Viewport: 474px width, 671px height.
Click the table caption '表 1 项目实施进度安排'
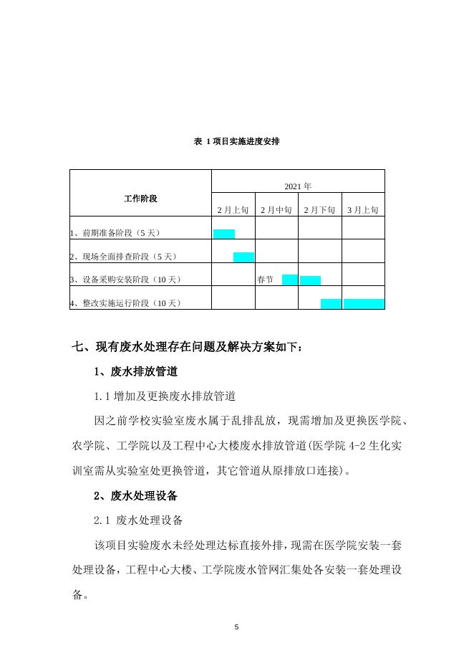pyautogui.click(x=236, y=141)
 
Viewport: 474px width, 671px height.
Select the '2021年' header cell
pyautogui.click(x=298, y=186)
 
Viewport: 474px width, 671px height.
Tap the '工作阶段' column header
pyautogui.click(x=140, y=198)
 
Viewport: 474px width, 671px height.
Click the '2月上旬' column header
pyautogui.click(x=233, y=210)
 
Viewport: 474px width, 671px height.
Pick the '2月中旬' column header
pyautogui.click(x=276, y=210)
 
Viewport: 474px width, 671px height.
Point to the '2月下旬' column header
pyautogui.click(x=319, y=210)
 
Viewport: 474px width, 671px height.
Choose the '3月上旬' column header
pyautogui.click(x=363, y=210)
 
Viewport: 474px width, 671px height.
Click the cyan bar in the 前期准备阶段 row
pyautogui.click(x=224, y=234)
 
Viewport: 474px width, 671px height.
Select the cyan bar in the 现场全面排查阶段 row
pyautogui.click(x=243, y=257)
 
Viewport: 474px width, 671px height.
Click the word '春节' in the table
pyautogui.click(x=265, y=280)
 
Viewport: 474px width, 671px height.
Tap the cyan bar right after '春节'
pyautogui.click(x=289, y=280)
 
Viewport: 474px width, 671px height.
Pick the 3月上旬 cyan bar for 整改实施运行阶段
pyautogui.click(x=364, y=303)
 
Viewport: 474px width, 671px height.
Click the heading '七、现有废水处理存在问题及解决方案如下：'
pyautogui.click(x=193, y=348)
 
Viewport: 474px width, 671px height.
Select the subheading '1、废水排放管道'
pyautogui.click(x=136, y=372)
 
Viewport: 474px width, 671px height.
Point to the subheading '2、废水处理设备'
pyautogui.click(x=136, y=495)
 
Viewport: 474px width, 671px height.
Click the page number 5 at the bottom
pyautogui.click(x=237, y=627)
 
